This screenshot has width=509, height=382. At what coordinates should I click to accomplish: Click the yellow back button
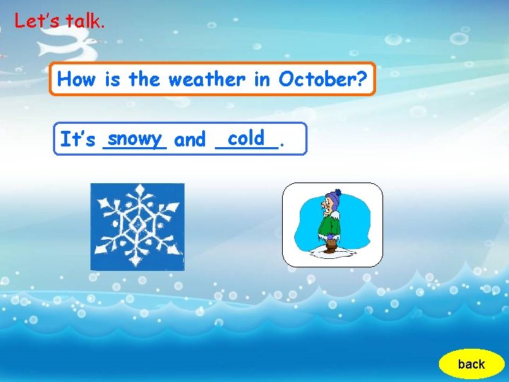471,364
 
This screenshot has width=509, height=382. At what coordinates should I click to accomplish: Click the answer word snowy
134,137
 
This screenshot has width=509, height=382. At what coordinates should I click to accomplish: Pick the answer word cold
246,137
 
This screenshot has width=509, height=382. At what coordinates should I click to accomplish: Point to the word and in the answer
189,140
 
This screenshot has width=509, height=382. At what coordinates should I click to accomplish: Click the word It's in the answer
77,140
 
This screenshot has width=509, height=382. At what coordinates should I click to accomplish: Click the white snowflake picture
137,226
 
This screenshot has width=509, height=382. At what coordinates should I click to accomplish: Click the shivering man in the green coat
330,223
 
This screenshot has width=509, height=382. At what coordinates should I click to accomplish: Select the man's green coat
329,225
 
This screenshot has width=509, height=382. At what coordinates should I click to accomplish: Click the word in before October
262,79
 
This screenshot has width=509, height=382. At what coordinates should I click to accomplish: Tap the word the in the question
144,79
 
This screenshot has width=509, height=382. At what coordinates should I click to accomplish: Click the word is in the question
112,79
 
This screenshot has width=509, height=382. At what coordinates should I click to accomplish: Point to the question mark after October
362,79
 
